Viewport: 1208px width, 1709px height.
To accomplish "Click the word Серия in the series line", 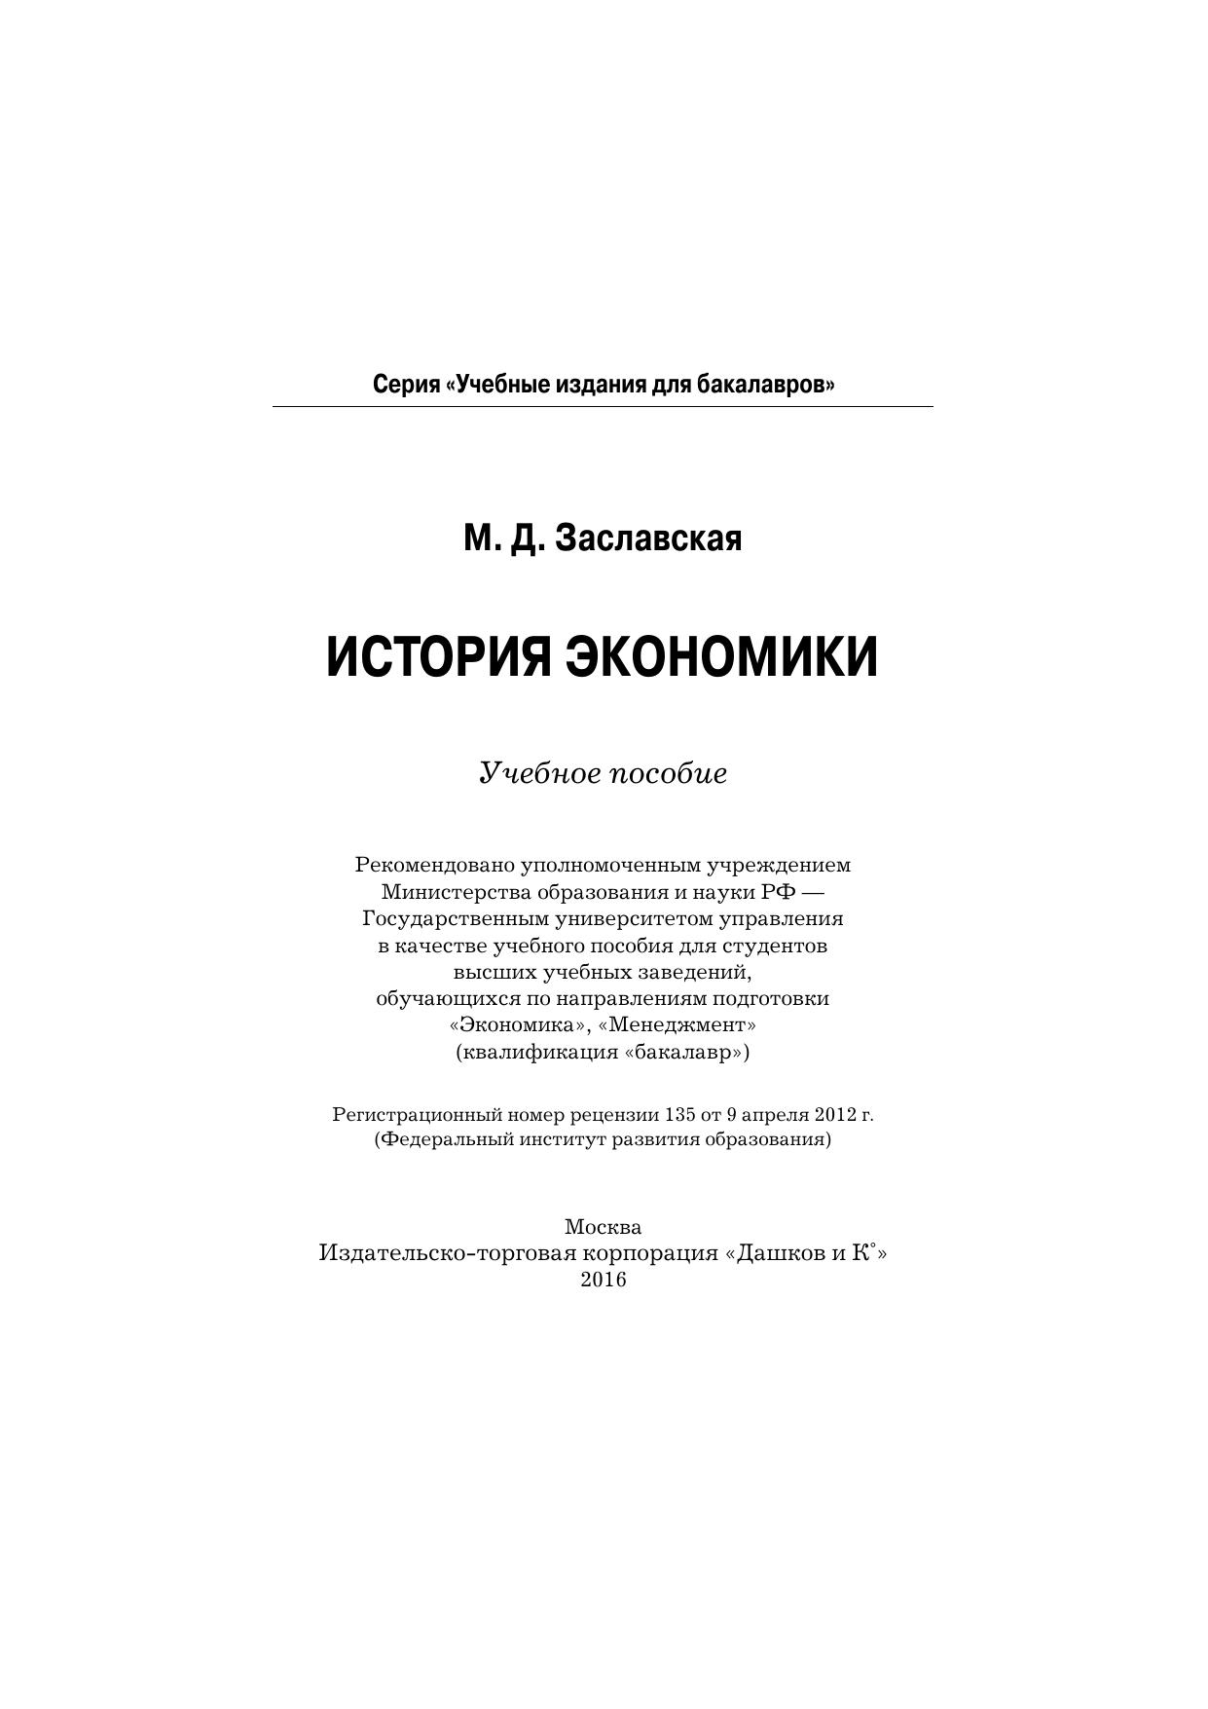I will tap(404, 385).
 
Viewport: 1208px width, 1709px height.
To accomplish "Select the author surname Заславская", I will tap(647, 538).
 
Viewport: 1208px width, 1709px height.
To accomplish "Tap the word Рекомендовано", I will tap(435, 865).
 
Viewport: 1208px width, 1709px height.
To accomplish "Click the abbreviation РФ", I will tap(778, 892).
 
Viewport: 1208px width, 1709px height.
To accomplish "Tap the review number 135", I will tap(677, 1114).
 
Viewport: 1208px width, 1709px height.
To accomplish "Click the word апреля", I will tap(776, 1114).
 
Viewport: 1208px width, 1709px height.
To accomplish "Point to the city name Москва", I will tap(603, 1227).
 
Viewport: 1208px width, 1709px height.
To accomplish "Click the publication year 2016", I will tap(604, 1280).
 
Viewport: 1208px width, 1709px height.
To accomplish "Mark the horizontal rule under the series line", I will tap(603, 406).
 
